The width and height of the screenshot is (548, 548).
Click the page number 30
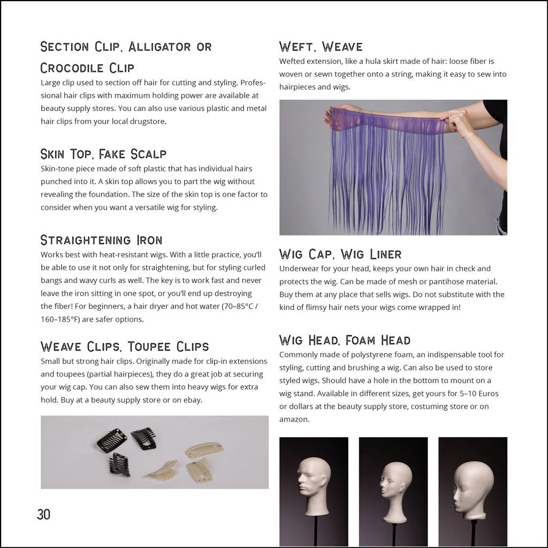pyautogui.click(x=44, y=514)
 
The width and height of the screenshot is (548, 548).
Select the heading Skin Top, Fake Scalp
pyautogui.click(x=103, y=154)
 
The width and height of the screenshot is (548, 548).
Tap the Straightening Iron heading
pyautogui.click(x=101, y=240)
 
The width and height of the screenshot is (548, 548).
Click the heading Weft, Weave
pyautogui.click(x=321, y=47)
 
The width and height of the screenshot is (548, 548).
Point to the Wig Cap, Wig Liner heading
pyautogui.click(x=340, y=254)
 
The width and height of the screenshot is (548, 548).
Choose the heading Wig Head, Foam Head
pyautogui.click(x=345, y=340)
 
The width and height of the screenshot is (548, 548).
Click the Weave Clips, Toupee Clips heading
pyautogui.click(x=125, y=347)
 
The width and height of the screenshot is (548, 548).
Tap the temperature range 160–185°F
pyautogui.click(x=59, y=319)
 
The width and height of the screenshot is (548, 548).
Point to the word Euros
pyautogui.click(x=489, y=393)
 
